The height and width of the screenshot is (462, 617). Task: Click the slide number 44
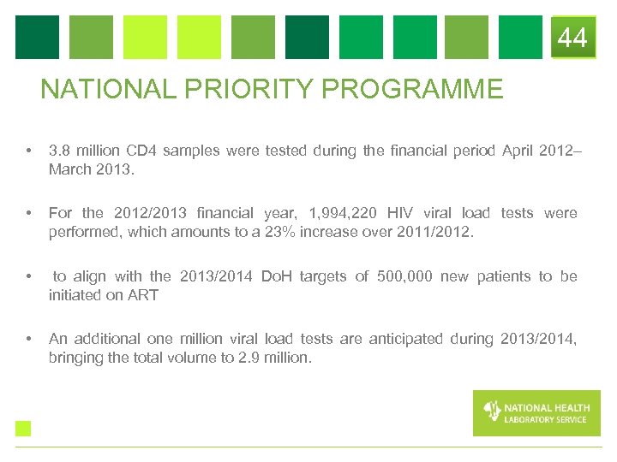[572, 38]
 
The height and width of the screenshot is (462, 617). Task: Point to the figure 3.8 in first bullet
[60, 151]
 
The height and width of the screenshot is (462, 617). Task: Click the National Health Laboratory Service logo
[536, 412]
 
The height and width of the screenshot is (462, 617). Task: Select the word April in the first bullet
[517, 151]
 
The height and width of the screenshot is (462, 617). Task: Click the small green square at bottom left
[23, 428]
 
